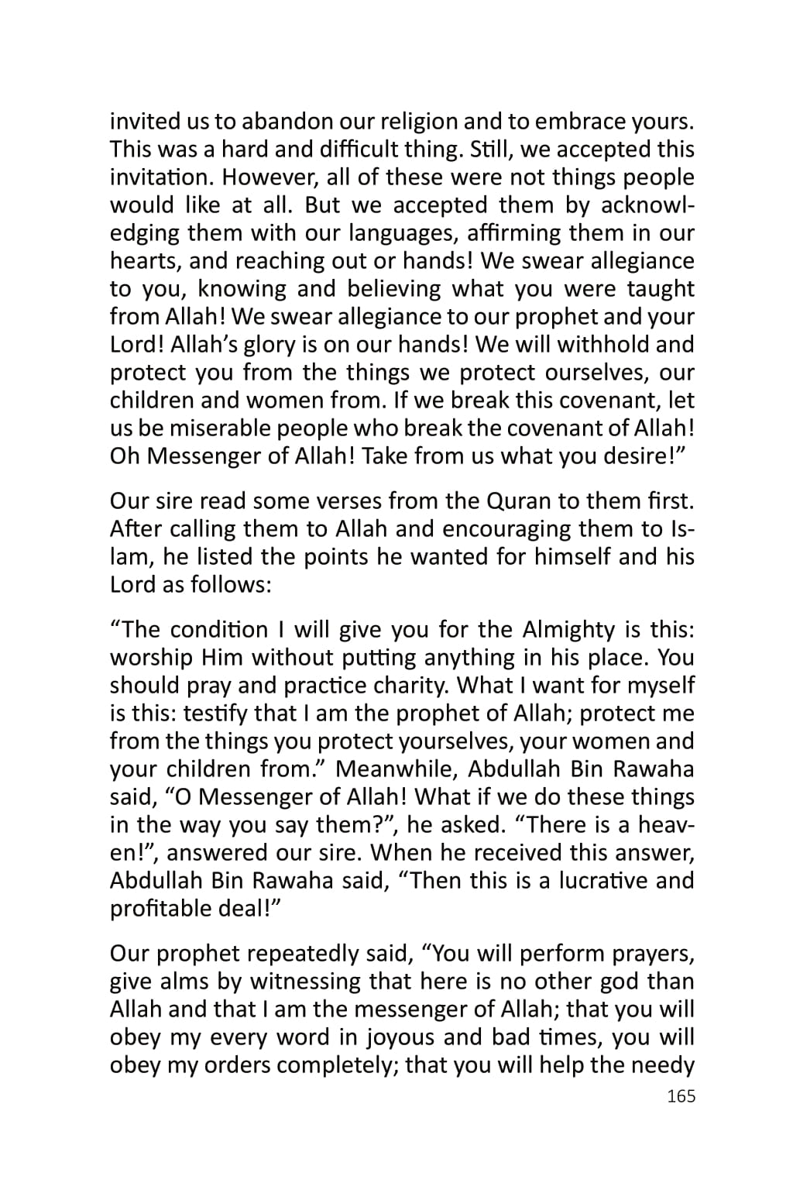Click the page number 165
click(x=681, y=1096)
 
